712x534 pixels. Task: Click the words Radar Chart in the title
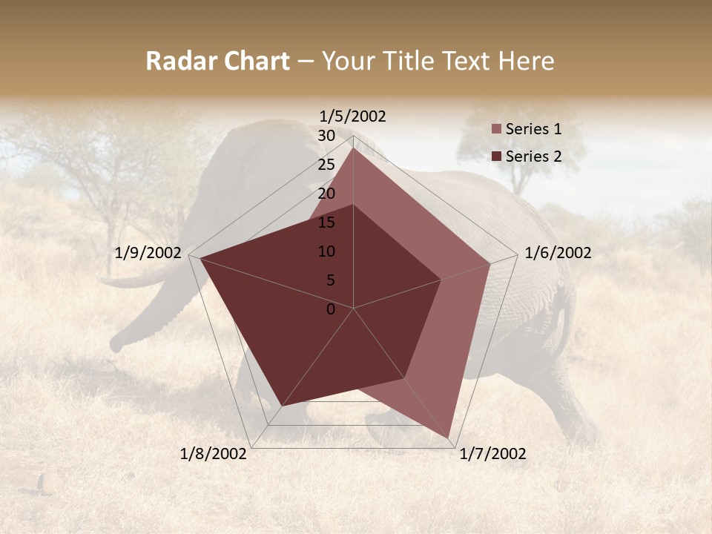click(x=217, y=61)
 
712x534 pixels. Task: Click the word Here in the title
click(x=527, y=61)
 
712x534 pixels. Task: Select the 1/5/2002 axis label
click(x=353, y=116)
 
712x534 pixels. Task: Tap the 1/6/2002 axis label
click(x=558, y=253)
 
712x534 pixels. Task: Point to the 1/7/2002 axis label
click(x=492, y=454)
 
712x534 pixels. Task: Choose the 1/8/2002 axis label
click(x=214, y=454)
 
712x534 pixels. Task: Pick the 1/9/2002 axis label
click(x=148, y=253)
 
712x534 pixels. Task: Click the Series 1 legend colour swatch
click(x=497, y=129)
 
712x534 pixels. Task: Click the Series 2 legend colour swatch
click(x=497, y=156)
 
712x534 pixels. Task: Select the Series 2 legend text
click(x=533, y=156)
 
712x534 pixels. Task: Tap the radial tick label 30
click(x=326, y=136)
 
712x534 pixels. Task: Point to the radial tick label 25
click(x=326, y=165)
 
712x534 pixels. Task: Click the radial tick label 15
click(x=326, y=222)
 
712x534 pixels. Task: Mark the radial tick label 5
click(x=330, y=280)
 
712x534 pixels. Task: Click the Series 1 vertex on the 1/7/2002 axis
click(x=449, y=438)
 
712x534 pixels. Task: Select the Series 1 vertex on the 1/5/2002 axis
click(x=354, y=148)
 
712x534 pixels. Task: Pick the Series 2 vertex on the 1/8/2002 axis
click(x=282, y=406)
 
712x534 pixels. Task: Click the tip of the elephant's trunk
click(x=116, y=346)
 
